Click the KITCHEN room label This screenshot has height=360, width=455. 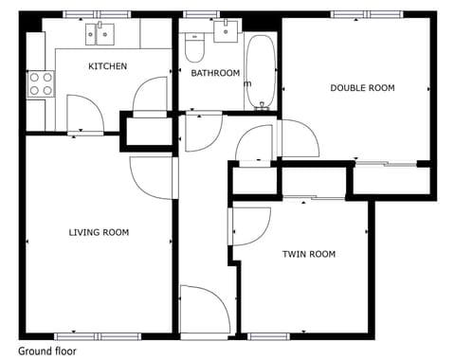[107, 66]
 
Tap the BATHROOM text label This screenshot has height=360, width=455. [215, 73]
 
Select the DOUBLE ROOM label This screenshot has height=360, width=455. [362, 88]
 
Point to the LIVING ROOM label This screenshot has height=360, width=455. [99, 232]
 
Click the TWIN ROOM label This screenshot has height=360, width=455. [309, 254]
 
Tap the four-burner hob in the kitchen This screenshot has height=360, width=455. [39, 83]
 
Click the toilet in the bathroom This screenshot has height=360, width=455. [196, 46]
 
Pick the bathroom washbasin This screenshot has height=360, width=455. [227, 31]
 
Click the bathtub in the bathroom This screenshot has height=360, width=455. [260, 72]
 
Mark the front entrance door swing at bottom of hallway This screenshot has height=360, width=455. [204, 308]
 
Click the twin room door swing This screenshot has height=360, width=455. [248, 225]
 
